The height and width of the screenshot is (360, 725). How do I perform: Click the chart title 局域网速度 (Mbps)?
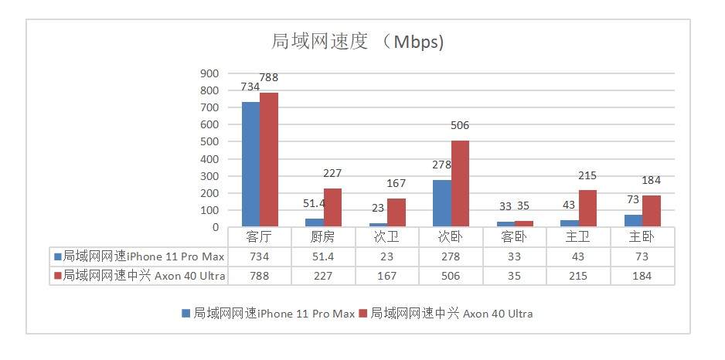click(357, 42)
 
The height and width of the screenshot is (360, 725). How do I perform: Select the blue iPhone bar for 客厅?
click(250, 164)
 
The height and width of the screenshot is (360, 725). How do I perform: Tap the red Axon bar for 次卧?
click(460, 184)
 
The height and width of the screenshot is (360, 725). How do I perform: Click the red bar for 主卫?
click(587, 198)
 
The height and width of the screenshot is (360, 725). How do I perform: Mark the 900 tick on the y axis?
click(209, 73)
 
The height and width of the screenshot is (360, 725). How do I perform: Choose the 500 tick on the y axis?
click(209, 141)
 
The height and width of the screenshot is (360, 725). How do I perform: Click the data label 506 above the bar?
click(459, 125)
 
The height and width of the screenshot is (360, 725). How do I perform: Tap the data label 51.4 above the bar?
click(314, 202)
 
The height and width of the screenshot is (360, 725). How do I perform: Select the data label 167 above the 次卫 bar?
click(397, 183)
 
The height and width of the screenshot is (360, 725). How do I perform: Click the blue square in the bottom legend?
click(186, 314)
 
